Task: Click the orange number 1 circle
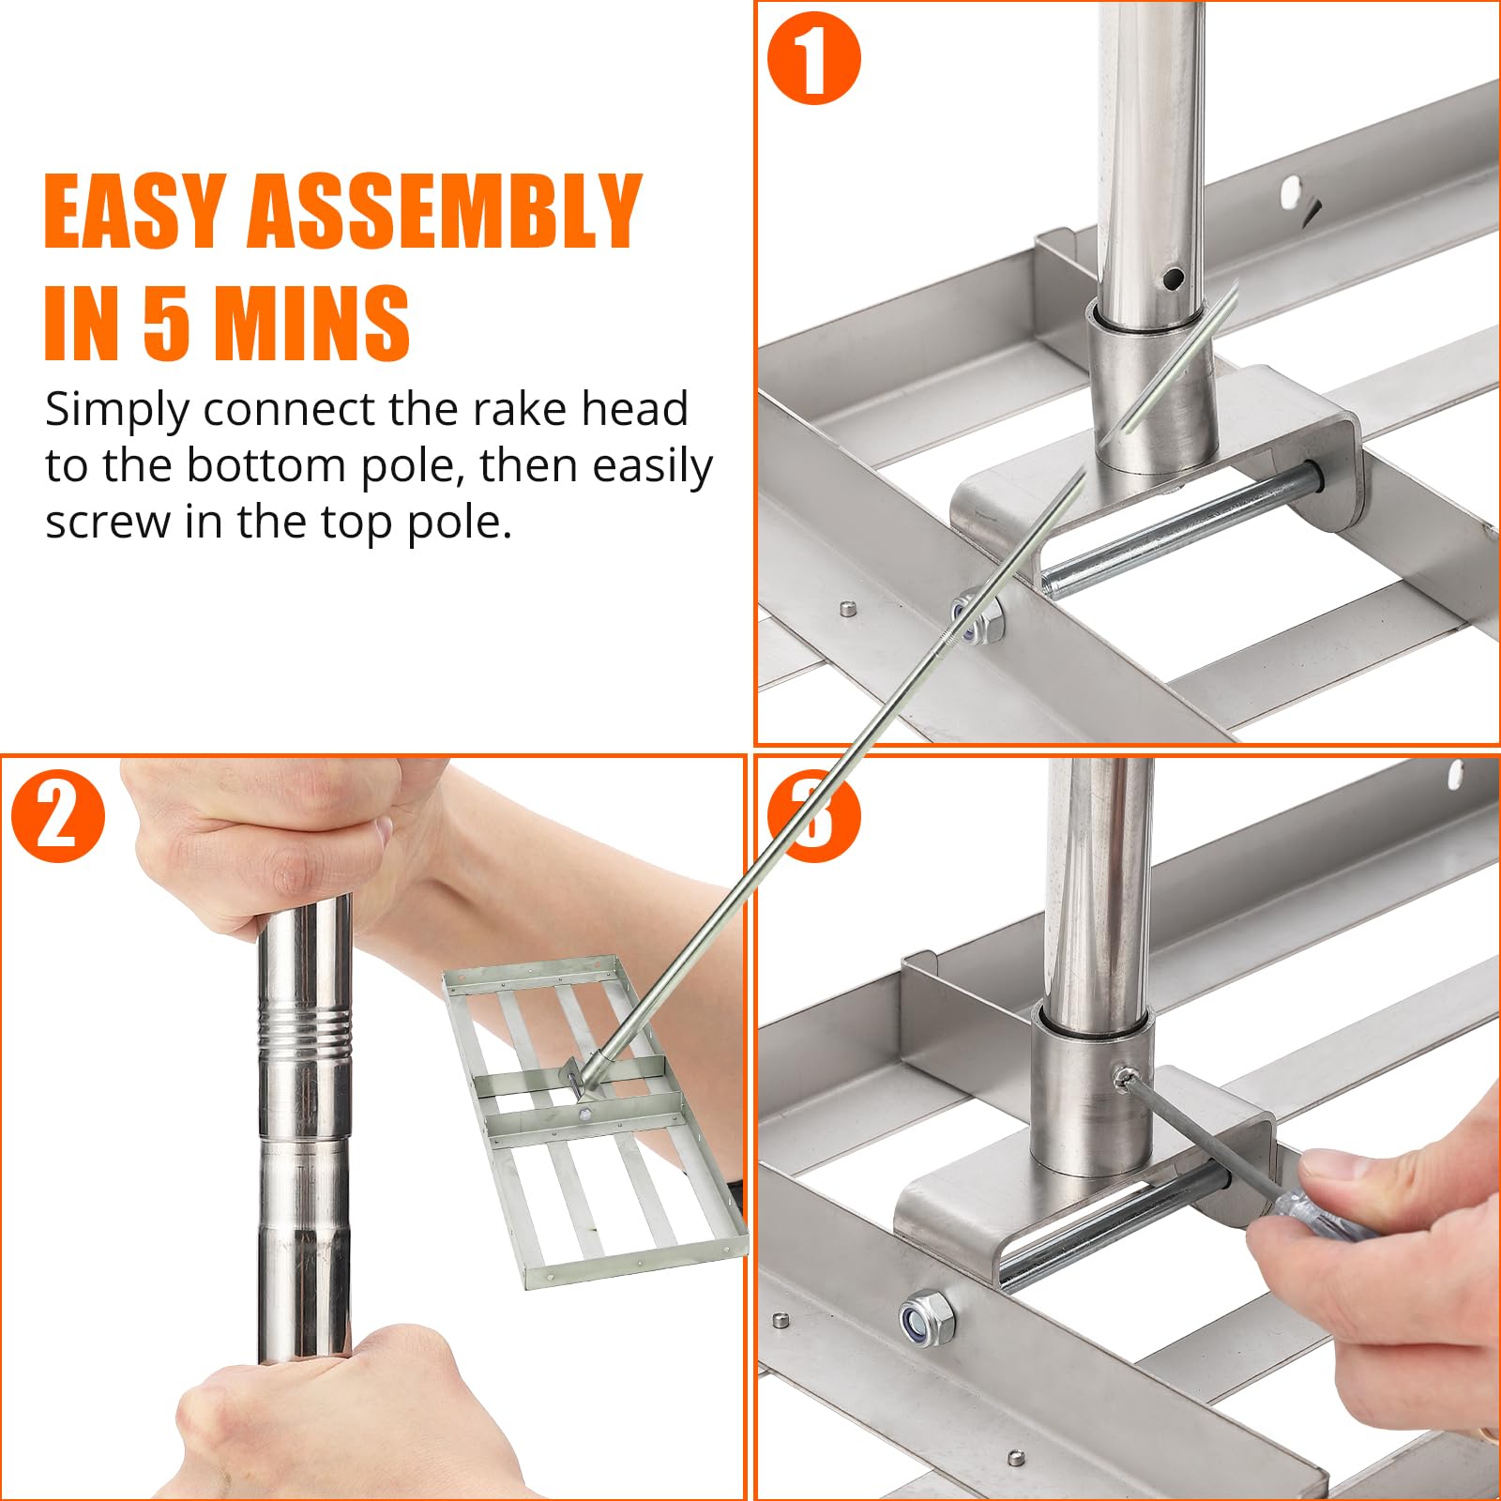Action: click(x=813, y=57)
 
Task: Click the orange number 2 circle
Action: click(x=58, y=816)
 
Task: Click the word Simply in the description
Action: click(x=116, y=411)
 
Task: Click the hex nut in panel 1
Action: click(x=978, y=617)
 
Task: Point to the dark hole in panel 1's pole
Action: click(x=1173, y=278)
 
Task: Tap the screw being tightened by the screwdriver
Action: click(x=1121, y=1078)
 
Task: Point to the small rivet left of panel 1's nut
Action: click(x=846, y=608)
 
